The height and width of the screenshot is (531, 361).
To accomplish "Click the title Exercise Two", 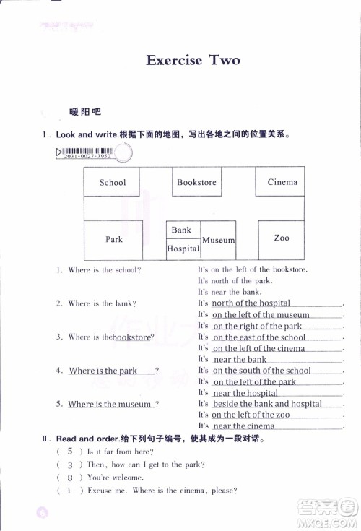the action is (192, 60).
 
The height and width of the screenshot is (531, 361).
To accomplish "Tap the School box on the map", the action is (112, 182).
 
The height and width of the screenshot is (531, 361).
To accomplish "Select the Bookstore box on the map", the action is (196, 182).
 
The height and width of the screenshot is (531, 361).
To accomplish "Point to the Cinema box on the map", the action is (282, 182).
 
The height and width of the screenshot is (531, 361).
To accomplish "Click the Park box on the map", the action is (114, 238).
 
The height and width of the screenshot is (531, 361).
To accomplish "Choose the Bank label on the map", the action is (181, 230).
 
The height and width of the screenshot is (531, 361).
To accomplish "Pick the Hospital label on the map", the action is (183, 249).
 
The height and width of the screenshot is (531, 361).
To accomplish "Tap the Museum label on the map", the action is (218, 240).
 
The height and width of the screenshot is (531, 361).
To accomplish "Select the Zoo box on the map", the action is (282, 238).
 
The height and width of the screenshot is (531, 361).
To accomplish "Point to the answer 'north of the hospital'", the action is (251, 303).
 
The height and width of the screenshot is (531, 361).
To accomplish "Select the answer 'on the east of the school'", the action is (259, 337).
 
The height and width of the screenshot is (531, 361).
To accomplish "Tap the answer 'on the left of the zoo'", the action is (251, 415).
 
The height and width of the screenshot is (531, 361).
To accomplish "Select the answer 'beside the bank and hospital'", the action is (267, 404).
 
